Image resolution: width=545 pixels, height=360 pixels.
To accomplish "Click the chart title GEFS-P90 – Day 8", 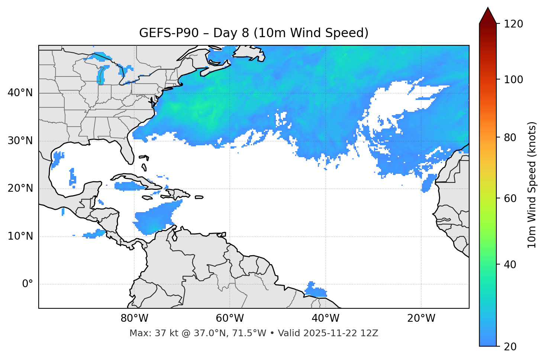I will click(254, 33).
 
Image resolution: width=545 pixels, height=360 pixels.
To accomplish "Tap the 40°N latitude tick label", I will click(20, 93).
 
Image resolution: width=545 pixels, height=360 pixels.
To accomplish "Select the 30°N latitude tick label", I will click(20, 141).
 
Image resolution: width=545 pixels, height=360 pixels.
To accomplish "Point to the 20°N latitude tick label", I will click(20, 188).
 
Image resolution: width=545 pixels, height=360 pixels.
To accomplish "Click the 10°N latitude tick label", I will click(20, 236).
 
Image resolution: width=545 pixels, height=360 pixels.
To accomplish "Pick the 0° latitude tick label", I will click(28, 284).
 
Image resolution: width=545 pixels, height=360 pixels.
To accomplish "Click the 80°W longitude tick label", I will click(134, 318).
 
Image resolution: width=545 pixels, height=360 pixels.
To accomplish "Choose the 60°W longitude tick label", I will click(230, 318).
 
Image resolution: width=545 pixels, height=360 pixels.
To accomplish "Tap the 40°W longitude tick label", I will click(326, 318).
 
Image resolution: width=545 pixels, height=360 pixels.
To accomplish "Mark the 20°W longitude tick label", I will click(421, 318).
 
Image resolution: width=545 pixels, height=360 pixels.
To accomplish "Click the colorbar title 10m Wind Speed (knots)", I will click(532, 185).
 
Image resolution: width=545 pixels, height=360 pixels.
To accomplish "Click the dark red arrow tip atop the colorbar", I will click(488, 15).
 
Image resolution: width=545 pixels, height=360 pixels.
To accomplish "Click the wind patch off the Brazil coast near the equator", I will click(315, 290).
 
